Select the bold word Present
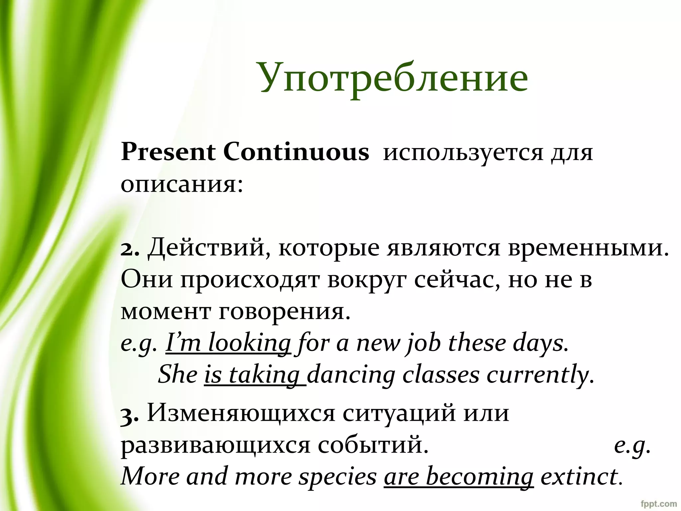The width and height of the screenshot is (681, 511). click(x=168, y=153)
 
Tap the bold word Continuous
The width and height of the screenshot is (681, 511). click(x=296, y=153)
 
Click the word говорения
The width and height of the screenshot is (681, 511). click(x=285, y=312)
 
